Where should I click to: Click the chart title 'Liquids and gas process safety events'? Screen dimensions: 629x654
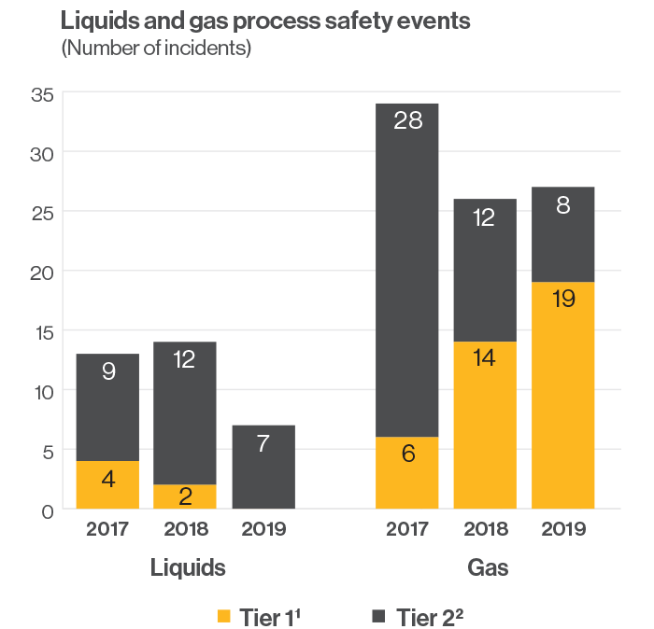coord(265,21)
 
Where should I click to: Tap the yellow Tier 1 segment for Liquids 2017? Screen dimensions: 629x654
coord(107,484)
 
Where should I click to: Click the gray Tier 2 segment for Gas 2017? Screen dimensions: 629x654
coord(407,271)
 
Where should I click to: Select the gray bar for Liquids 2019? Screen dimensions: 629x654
coord(263,467)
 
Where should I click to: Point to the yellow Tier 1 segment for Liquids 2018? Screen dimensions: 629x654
coord(185,496)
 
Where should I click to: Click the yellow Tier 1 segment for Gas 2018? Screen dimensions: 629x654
coord(485,425)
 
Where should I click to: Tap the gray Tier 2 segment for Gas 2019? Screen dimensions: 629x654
coord(563,233)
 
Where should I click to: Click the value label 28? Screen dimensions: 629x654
coord(408,120)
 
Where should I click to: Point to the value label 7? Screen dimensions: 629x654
coord(263,443)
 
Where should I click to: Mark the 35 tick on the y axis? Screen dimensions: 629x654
coord(43,93)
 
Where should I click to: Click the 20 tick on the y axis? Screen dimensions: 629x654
coord(43,272)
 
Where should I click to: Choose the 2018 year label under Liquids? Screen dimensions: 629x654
coord(186,529)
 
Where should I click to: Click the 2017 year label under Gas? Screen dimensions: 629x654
coord(408,529)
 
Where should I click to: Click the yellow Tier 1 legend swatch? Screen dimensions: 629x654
coord(223,617)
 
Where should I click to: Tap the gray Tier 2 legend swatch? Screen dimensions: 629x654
coord(379,617)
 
